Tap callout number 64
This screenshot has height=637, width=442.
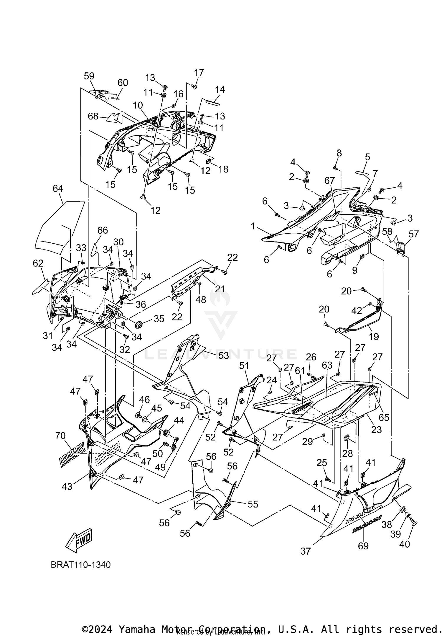(58, 188)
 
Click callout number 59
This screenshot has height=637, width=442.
(89, 76)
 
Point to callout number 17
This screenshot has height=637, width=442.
(199, 72)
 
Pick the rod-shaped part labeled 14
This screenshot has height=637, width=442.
(213, 102)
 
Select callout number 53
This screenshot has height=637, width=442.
(223, 355)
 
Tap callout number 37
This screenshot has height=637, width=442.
(306, 551)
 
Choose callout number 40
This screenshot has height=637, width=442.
(405, 544)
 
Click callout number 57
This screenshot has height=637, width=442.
(414, 234)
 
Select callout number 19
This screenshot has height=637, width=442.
(374, 336)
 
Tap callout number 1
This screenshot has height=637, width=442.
(253, 227)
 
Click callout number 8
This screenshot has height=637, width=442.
(339, 153)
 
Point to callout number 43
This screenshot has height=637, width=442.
(67, 486)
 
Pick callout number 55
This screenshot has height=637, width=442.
(253, 504)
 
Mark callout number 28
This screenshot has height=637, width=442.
(347, 453)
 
